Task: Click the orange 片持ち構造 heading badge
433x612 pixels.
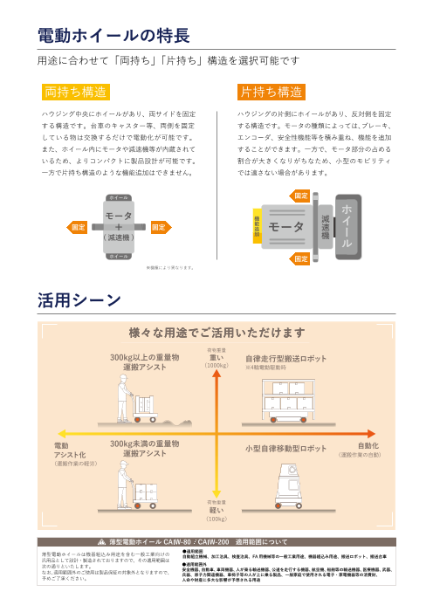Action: [271, 93]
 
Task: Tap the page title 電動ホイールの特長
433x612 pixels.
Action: [114, 36]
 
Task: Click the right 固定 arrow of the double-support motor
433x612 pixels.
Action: [159, 227]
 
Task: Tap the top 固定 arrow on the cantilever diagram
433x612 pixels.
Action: [301, 195]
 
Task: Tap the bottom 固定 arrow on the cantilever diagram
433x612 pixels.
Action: [301, 259]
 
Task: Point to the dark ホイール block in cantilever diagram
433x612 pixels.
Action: [348, 226]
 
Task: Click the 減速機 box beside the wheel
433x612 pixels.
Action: [325, 226]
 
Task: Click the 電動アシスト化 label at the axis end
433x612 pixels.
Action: [71, 450]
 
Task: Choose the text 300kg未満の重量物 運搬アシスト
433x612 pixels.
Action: [144, 449]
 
